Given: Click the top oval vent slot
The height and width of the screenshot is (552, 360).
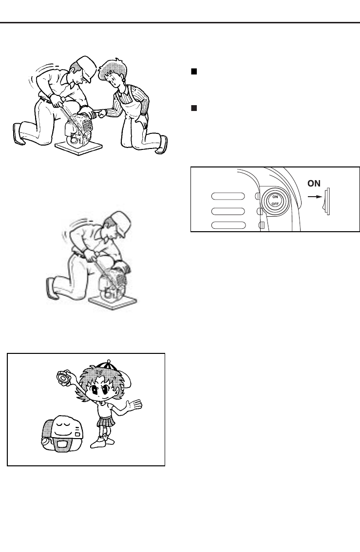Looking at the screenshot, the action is coord(227,196).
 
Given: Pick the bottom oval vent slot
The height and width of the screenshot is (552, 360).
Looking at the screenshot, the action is coord(227,225).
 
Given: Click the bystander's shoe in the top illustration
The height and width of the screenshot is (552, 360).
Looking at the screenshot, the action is coord(160,146).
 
